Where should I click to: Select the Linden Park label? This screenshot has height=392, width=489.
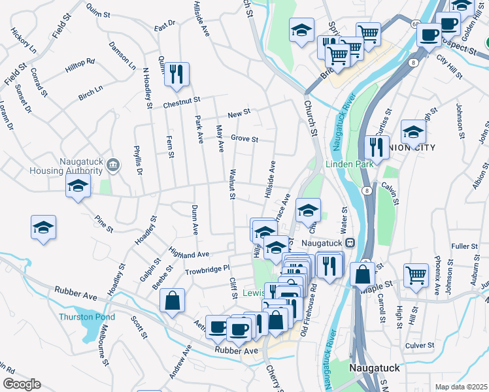tap(350, 163)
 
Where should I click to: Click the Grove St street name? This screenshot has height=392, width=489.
tap(244, 139)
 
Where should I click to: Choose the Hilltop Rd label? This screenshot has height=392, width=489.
tap(80, 65)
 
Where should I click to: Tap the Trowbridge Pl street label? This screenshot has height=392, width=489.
tap(207, 269)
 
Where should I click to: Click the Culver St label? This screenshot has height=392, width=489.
tap(420, 345)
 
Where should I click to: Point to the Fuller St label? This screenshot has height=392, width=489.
tap(465, 246)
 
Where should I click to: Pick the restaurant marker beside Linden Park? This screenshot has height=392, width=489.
tap(376, 146)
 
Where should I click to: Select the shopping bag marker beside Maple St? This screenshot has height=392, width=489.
tap(362, 274)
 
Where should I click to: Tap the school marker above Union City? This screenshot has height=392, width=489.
tap(413, 131)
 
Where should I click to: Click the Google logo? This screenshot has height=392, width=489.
tap(22, 384)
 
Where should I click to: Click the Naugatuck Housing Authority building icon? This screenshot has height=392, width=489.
tap(114, 163)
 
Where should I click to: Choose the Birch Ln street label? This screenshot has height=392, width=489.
tap(91, 92)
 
